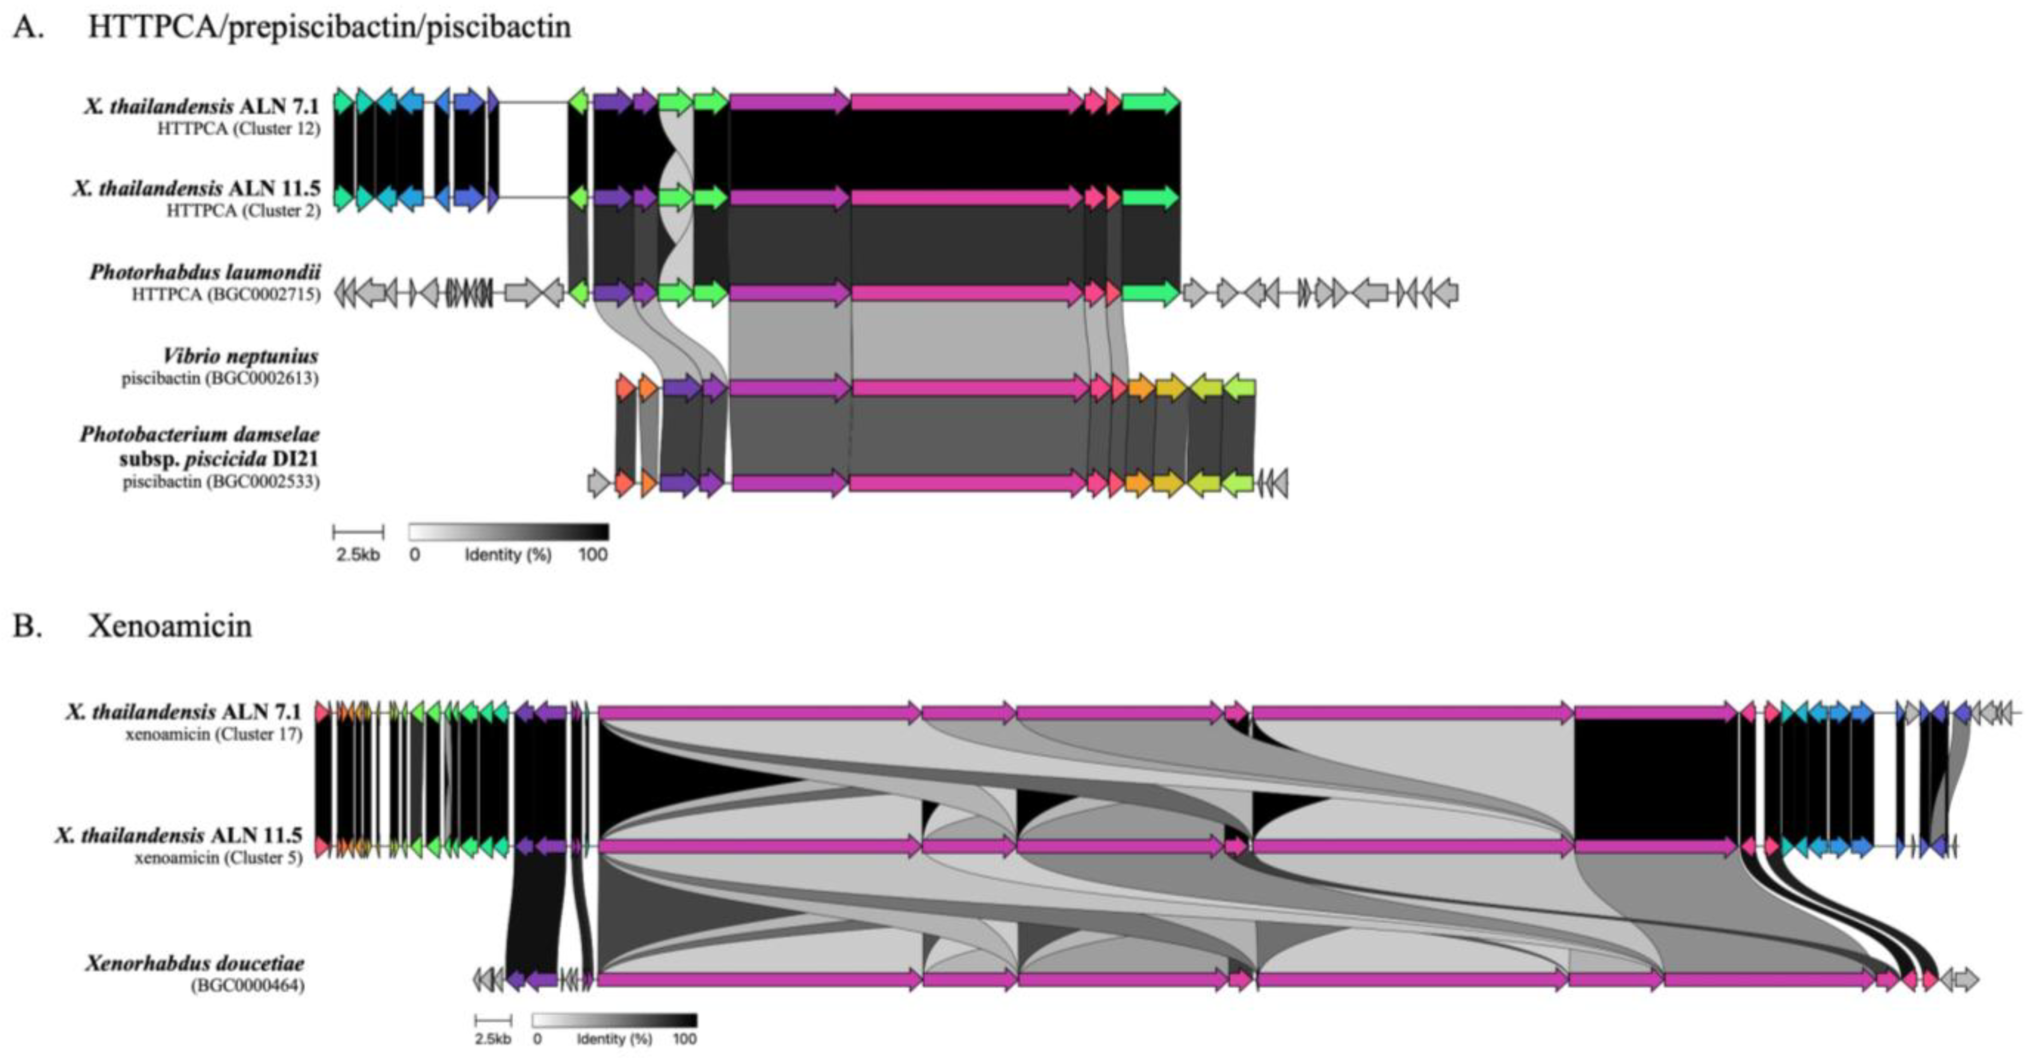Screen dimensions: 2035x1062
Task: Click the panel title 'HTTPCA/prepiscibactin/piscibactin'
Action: point(329,27)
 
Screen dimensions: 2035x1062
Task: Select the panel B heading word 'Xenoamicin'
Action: point(170,626)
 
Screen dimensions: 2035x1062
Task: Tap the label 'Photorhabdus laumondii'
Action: point(205,273)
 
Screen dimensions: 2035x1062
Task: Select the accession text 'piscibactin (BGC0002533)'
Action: point(220,481)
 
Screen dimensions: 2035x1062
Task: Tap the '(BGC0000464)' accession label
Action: point(247,985)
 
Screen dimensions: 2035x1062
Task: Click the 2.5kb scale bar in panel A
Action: point(358,532)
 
